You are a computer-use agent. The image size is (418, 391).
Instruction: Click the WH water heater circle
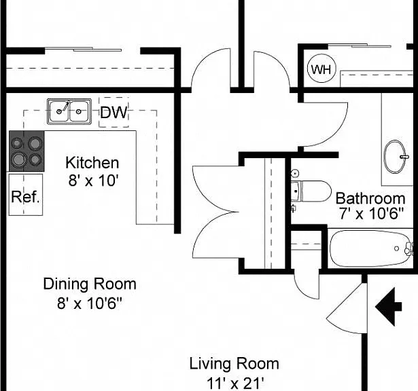[x=321, y=69]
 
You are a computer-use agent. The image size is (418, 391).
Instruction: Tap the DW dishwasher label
[x=114, y=112]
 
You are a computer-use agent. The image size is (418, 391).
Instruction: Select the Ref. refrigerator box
[x=26, y=195]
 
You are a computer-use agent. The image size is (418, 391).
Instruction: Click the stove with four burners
[x=27, y=151]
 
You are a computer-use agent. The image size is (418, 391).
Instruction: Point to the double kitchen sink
[x=69, y=111]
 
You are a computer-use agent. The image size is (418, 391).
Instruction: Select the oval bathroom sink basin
[x=394, y=157]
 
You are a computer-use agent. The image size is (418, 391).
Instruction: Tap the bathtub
[x=371, y=248]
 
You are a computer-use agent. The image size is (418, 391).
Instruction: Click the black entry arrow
[x=388, y=307]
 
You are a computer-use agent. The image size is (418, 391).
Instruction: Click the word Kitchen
[x=92, y=163]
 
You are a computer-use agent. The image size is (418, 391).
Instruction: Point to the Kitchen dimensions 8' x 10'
[x=93, y=180]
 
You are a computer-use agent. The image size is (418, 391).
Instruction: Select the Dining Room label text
[x=90, y=284]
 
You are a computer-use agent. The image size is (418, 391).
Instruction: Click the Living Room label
[x=234, y=364]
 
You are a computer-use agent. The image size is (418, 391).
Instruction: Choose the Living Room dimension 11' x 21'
[x=235, y=384]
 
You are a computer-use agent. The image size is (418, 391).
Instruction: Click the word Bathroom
[x=370, y=198]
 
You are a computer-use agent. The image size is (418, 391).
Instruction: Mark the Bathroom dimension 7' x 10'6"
[x=371, y=213]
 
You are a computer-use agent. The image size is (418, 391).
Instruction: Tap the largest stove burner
[x=18, y=160]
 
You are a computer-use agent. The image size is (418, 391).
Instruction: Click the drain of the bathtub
[x=397, y=248]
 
